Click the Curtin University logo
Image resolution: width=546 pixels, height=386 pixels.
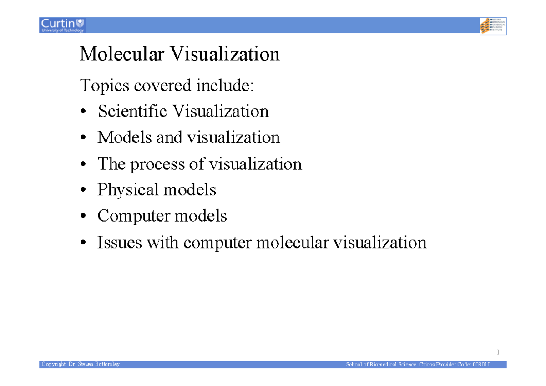click(x=62, y=25)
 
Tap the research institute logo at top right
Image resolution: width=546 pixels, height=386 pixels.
click(x=493, y=25)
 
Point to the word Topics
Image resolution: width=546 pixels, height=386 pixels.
click(x=104, y=86)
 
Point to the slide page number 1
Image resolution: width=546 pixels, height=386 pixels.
click(x=498, y=352)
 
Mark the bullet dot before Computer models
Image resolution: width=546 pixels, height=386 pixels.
click(x=83, y=217)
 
